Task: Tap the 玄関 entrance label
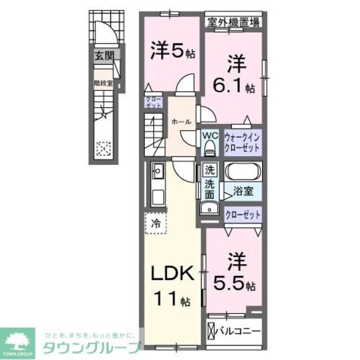point(102,56)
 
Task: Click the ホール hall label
point(181,121)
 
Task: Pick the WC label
point(210,136)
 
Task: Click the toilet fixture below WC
point(210,148)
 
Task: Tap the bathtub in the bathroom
point(242,171)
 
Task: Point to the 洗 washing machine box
point(209,169)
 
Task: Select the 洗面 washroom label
point(209,189)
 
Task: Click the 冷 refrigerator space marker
point(156,223)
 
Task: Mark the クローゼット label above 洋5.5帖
point(242,214)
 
